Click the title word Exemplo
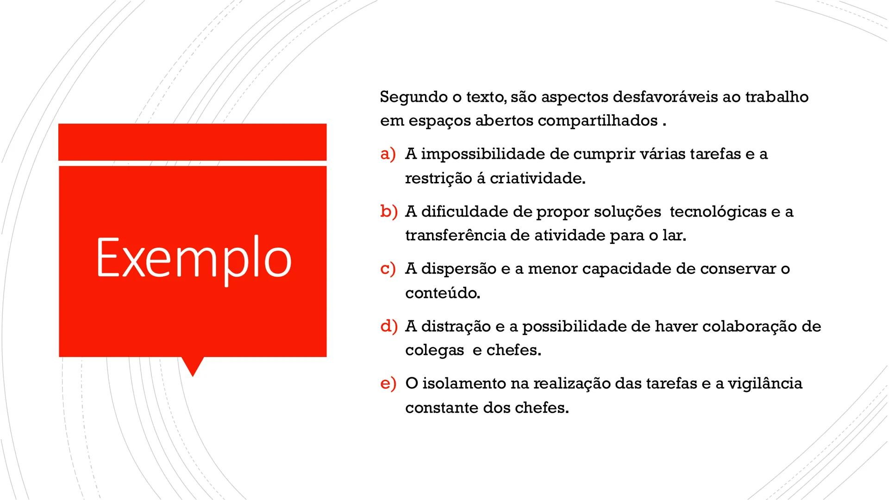pyautogui.click(x=194, y=257)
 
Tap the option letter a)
pyautogui.click(x=388, y=154)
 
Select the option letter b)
pyautogui.click(x=388, y=212)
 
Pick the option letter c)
pyautogui.click(x=388, y=269)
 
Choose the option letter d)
pyautogui.click(x=388, y=326)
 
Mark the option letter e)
pyautogui.click(x=388, y=383)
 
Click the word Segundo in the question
pyautogui.click(x=410, y=97)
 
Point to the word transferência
pyautogui.click(x=455, y=236)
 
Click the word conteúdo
pyautogui.click(x=442, y=293)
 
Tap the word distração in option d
pyautogui.click(x=456, y=326)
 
